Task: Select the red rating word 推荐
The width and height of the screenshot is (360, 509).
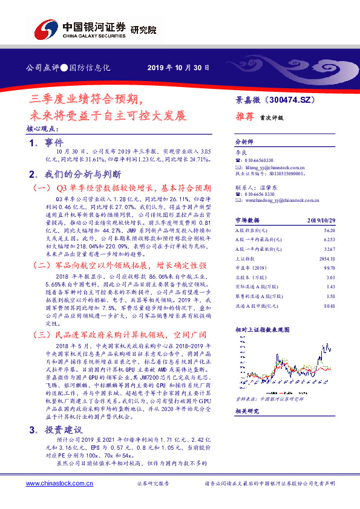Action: (x=245, y=118)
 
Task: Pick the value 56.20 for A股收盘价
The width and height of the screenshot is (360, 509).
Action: (x=330, y=231)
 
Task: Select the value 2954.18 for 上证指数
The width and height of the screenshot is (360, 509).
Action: (x=327, y=259)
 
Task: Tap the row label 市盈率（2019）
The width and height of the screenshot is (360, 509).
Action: (x=250, y=268)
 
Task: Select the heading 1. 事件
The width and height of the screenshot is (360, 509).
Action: (x=46, y=143)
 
